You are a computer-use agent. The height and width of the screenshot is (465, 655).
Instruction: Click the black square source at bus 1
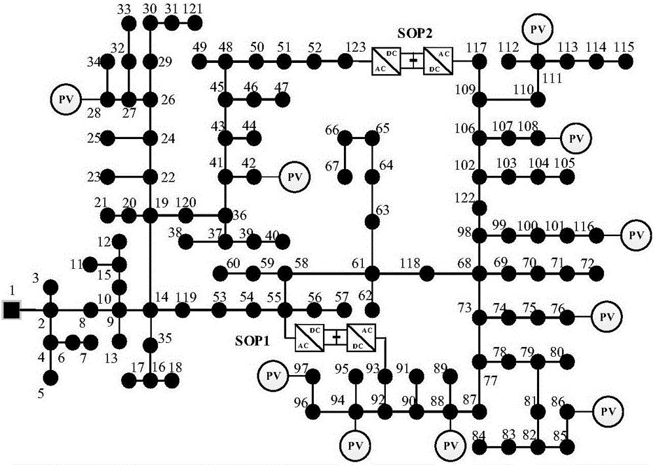(x=10, y=310)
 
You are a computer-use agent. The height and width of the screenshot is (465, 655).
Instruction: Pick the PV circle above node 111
(x=538, y=28)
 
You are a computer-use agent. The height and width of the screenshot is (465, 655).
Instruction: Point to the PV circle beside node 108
(x=576, y=138)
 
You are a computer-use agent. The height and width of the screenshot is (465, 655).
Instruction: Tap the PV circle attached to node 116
(x=633, y=234)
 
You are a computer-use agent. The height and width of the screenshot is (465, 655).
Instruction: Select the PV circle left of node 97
(x=274, y=376)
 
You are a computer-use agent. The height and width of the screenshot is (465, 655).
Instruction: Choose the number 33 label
(x=125, y=9)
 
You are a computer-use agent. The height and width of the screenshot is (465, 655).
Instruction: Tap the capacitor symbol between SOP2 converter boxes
(x=413, y=61)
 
